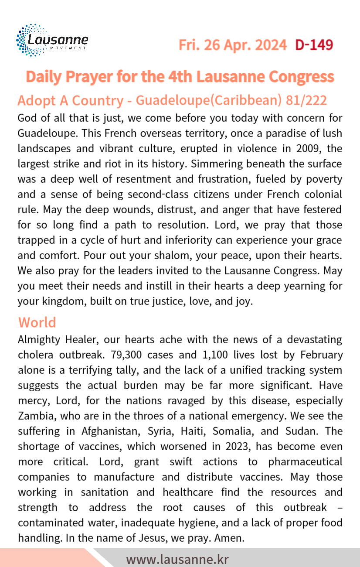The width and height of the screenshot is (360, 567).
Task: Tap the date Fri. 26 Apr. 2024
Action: click(233, 45)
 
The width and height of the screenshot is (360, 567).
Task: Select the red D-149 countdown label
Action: click(314, 45)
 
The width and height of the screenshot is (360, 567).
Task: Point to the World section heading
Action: click(37, 322)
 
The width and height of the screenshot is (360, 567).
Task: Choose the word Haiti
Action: click(191, 431)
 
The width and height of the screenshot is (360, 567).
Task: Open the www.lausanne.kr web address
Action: click(177, 559)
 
